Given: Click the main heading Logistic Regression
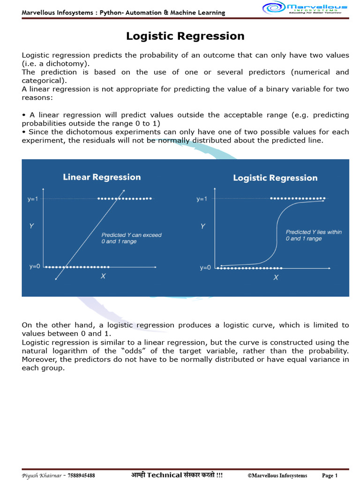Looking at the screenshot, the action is pos(185,36).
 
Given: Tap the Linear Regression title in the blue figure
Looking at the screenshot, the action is pos(102,177).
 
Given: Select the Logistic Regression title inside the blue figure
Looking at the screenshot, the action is pos(275,178).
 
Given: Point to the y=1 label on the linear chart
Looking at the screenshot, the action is pos(33,199).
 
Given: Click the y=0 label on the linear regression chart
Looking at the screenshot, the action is pos(34,267).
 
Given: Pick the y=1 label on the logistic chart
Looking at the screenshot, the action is pos(202,199).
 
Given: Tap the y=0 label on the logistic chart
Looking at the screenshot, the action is pos(205,268).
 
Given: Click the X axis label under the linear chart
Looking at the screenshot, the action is pos(103,277).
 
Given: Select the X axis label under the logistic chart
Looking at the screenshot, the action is pos(276,277).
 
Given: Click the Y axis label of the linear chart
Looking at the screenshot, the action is pos(31,226).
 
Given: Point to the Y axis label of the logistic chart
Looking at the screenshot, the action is pos(202,226).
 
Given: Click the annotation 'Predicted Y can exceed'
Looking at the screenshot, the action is pos(131,235).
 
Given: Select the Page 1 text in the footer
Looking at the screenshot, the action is pos(330,475).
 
